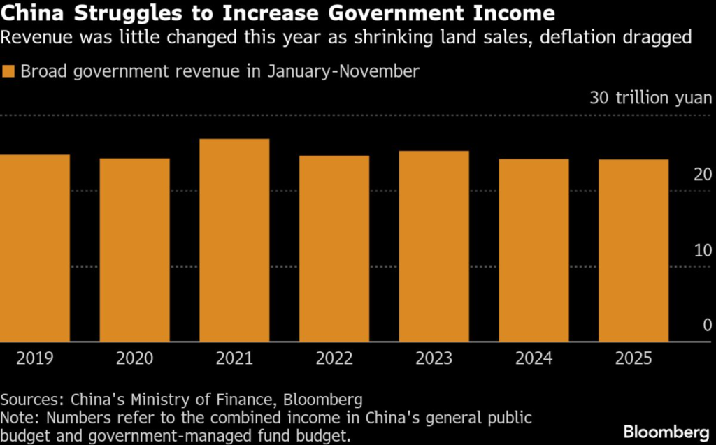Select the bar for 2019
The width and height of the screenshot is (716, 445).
click(x=35, y=248)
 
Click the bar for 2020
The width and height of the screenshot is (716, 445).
click(x=134, y=250)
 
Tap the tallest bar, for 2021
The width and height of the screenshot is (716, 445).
click(x=234, y=240)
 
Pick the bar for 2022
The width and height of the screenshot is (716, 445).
click(x=334, y=249)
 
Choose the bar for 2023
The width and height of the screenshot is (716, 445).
click(x=434, y=246)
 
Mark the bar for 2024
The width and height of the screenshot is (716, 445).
click(x=534, y=250)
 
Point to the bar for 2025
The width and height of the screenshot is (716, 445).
click(x=633, y=251)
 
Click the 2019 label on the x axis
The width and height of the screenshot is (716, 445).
click(x=35, y=359)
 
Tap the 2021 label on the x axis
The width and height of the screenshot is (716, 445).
click(x=234, y=359)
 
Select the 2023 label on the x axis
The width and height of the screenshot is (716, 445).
click(x=434, y=359)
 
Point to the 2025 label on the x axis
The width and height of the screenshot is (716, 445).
click(x=633, y=359)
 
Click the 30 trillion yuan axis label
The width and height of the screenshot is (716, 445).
click(x=650, y=98)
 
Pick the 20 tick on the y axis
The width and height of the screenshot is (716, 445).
click(x=702, y=175)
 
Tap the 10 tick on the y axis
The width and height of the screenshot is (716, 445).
click(x=702, y=250)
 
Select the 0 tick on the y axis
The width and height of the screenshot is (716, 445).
click(x=707, y=326)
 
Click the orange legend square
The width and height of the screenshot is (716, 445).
click(x=8, y=71)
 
